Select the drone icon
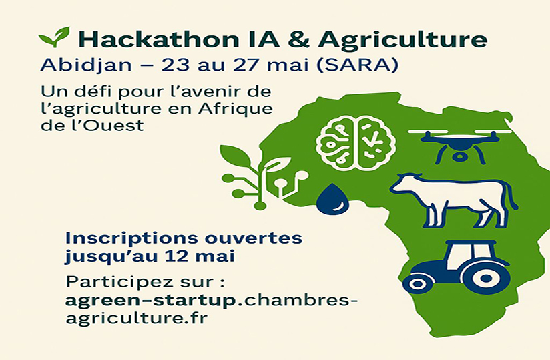tap(459, 143)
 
